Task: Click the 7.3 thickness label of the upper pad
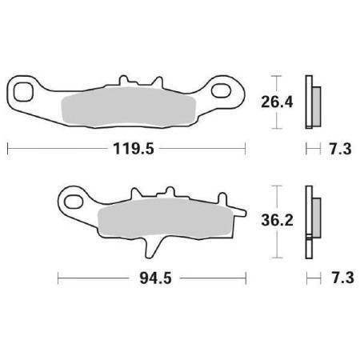(336, 149)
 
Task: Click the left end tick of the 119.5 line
(8, 149)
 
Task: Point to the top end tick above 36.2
(275, 186)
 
